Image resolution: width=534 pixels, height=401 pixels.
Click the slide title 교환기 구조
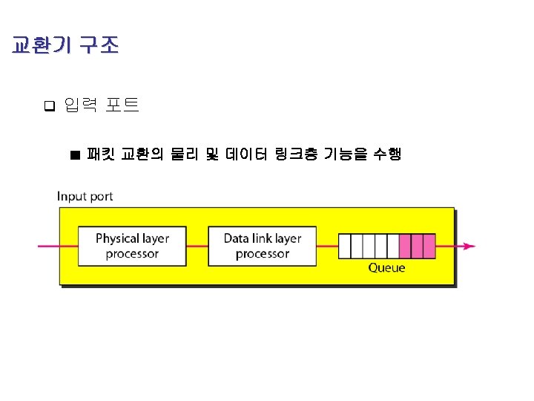pyautogui.click(x=65, y=46)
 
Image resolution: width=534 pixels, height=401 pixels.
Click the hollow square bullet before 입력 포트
pyautogui.click(x=50, y=106)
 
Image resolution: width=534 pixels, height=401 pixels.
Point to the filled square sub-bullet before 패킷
pyautogui.click(x=74, y=155)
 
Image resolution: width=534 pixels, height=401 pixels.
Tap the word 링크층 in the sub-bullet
pyautogui.click(x=297, y=154)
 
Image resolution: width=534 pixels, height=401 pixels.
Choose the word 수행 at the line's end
pyautogui.click(x=386, y=154)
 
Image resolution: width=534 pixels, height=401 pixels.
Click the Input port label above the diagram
pyautogui.click(x=85, y=197)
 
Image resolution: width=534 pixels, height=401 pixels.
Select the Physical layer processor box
pyautogui.click(x=132, y=246)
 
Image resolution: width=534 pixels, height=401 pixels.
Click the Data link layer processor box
pyautogui.click(x=262, y=246)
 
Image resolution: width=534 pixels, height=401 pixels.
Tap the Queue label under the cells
pyautogui.click(x=386, y=267)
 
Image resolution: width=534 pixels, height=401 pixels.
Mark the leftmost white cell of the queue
pyautogui.click(x=344, y=245)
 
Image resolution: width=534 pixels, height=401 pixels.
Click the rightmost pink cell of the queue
pyautogui.click(x=429, y=245)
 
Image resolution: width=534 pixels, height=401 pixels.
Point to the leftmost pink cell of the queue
pyautogui.click(x=405, y=245)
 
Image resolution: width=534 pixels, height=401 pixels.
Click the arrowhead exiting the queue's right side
pyautogui.click(x=469, y=247)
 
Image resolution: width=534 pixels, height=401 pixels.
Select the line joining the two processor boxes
pyautogui.click(x=198, y=247)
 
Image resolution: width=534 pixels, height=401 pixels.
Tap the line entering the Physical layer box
pyautogui.click(x=58, y=247)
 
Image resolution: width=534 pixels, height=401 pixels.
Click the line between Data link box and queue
pyautogui.click(x=327, y=247)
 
